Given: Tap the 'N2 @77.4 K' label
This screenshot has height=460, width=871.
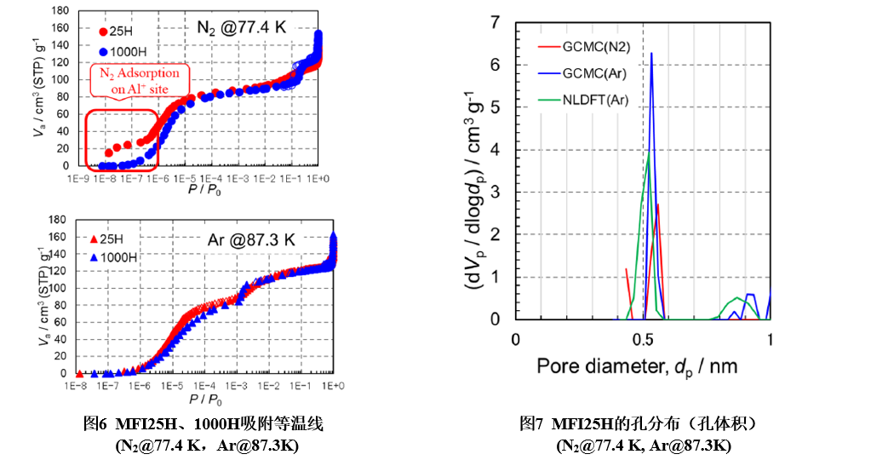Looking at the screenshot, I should (x=242, y=27).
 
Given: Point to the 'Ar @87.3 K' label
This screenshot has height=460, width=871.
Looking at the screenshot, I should (x=252, y=239).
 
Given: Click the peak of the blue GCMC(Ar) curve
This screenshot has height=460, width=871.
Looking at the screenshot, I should (x=651, y=54).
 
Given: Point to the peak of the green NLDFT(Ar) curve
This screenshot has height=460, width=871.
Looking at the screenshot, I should (x=649, y=153).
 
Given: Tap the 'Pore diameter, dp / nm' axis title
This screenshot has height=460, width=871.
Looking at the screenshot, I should (x=637, y=367).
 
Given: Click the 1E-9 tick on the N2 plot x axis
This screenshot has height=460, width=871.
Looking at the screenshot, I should (x=74, y=180).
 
